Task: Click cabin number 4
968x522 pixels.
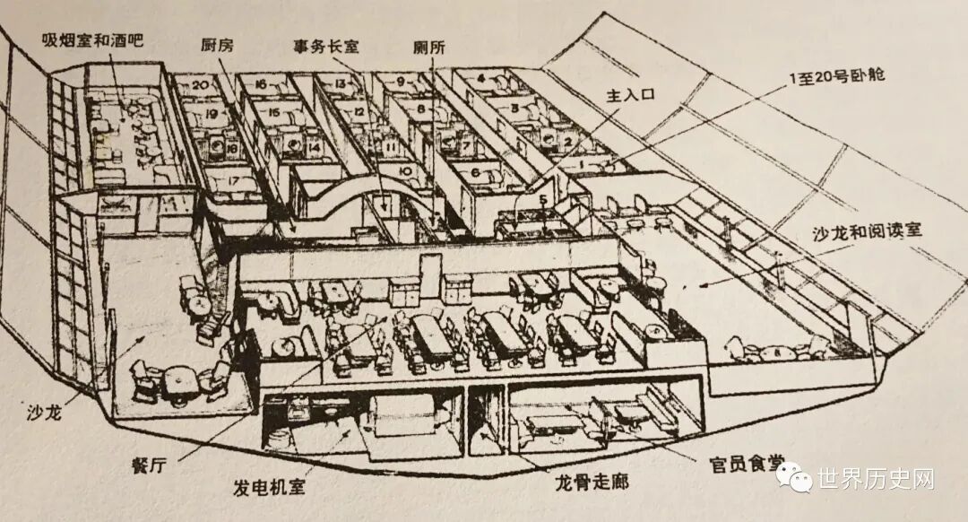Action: coord(481,78)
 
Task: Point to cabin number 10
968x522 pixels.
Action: coord(404,170)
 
